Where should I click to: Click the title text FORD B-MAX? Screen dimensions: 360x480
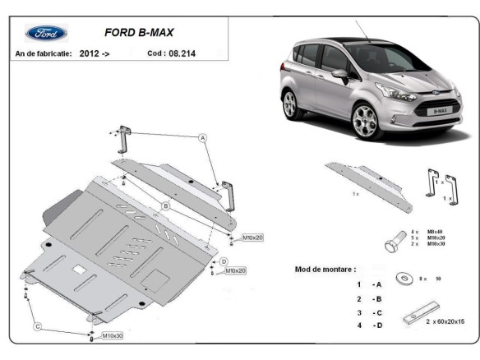(137, 34)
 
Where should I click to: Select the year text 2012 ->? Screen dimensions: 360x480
(95, 52)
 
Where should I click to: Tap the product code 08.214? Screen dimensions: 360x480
(182, 52)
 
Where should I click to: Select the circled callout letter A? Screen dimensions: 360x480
(201, 140)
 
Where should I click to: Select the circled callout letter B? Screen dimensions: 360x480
(165, 205)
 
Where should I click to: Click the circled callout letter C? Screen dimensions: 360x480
(37, 326)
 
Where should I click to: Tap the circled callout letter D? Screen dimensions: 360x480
(224, 261)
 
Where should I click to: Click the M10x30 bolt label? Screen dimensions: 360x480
(113, 336)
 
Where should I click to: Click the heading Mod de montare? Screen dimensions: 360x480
(325, 269)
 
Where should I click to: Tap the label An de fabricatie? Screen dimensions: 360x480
(44, 52)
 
